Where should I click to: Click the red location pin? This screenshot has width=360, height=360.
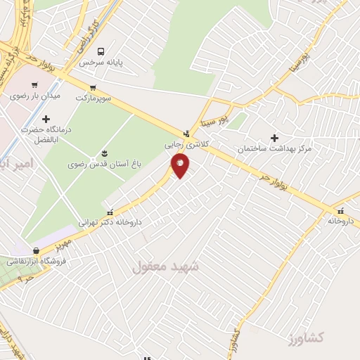coord(181,165)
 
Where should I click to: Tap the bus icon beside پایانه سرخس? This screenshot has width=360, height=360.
coord(102,51)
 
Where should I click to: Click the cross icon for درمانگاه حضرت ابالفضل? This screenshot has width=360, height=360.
coord(46,119)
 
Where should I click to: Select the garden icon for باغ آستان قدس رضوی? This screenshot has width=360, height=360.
coord(105,153)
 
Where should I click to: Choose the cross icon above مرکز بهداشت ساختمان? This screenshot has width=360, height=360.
coord(274,139)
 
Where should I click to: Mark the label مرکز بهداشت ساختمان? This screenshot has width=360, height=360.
coord(275,150)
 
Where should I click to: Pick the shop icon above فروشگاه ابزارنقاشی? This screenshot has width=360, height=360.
coord(35,250)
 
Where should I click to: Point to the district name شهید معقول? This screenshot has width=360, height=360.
coord(166,266)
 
